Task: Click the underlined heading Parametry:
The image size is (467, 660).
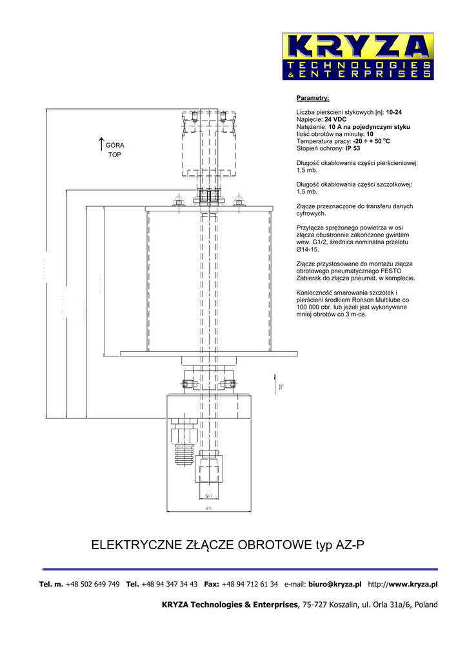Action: tap(313, 98)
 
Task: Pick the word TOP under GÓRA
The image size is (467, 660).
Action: tap(114, 155)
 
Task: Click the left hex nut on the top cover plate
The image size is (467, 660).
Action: tap(178, 202)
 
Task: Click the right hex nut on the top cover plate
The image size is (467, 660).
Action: tap(239, 202)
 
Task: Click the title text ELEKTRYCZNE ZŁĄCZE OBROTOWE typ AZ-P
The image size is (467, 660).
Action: tap(228, 545)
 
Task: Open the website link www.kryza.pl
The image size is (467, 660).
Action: tap(413, 585)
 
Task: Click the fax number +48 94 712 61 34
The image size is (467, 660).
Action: tap(250, 585)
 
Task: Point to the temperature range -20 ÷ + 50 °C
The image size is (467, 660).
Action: tap(372, 141)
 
